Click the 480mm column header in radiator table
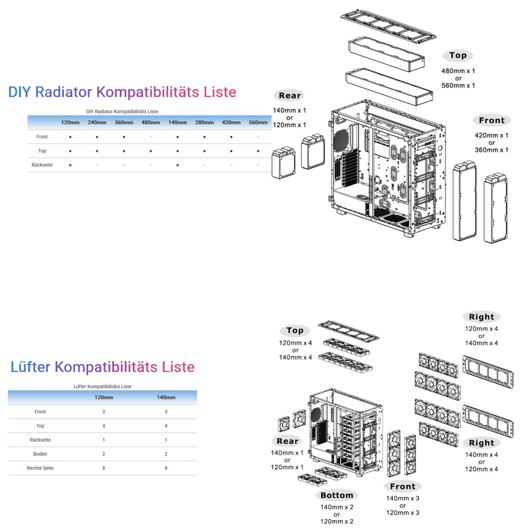click(x=151, y=122)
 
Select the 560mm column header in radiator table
click(x=258, y=122)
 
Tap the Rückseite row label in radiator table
click(x=42, y=165)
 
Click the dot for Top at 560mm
click(x=258, y=151)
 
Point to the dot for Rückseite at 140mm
click(x=177, y=165)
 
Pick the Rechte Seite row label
click(x=40, y=468)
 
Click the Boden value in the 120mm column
click(x=104, y=454)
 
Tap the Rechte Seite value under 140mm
click(x=166, y=468)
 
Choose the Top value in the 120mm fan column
click(x=104, y=425)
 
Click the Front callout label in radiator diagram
click(x=492, y=120)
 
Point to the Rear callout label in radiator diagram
click(x=289, y=95)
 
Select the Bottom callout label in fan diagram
click(x=337, y=495)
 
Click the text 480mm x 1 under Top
click(x=458, y=71)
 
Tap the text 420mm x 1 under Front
click(x=492, y=135)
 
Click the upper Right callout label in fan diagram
click(x=481, y=317)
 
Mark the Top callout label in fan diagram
click(x=295, y=331)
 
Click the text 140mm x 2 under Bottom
click(x=337, y=507)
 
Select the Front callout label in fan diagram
click(x=403, y=486)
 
